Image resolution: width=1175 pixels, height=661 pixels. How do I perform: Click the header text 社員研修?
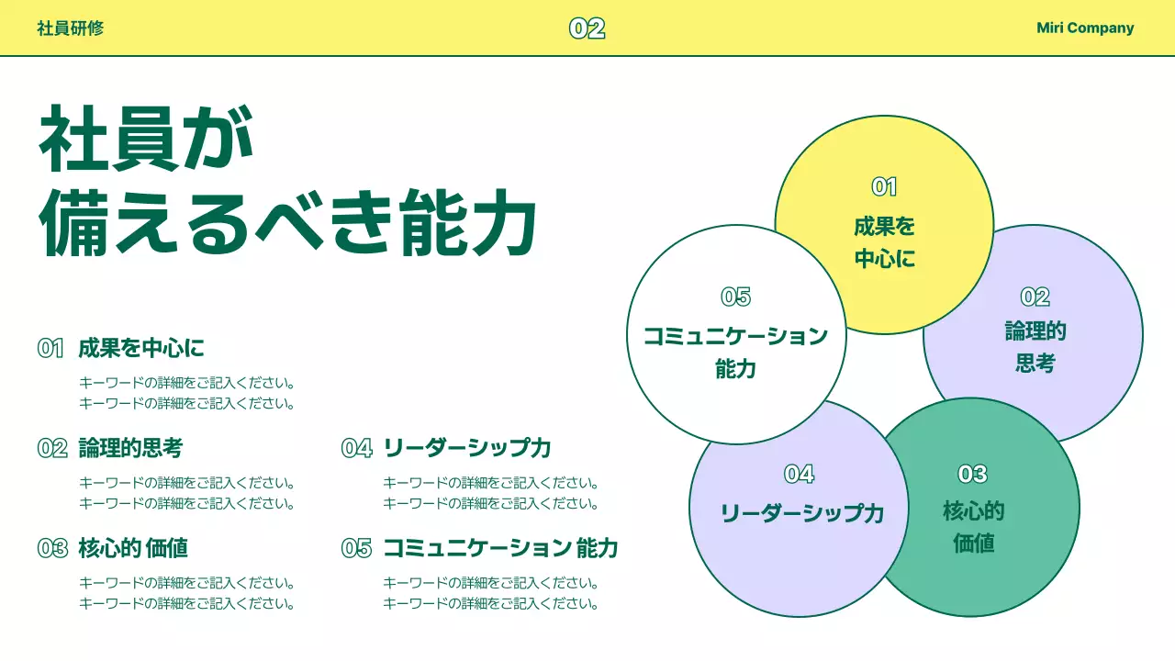[70, 28]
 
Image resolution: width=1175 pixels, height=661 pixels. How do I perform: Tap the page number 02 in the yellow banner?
[587, 28]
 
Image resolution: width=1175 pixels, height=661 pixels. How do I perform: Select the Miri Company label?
[1085, 28]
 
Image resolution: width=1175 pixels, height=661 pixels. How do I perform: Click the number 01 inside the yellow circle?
[884, 187]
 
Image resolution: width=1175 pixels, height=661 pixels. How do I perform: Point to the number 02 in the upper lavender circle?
[1035, 297]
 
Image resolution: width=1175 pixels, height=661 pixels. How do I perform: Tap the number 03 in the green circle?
[972, 474]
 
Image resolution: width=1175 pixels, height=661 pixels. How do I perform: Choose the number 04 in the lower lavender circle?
[799, 474]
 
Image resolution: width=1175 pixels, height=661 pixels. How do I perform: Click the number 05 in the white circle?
[735, 297]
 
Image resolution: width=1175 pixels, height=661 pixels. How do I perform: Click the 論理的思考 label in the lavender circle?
[1035, 347]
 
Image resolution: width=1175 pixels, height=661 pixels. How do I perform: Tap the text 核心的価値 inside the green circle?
[973, 527]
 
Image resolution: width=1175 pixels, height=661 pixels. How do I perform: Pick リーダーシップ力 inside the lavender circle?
[801, 513]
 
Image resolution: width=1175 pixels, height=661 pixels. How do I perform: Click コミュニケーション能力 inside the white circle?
[735, 352]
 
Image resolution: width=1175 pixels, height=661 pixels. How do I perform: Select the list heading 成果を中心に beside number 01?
[141, 348]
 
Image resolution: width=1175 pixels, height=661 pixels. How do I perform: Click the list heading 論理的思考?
[130, 448]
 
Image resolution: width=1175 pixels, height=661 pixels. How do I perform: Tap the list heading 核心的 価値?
[133, 548]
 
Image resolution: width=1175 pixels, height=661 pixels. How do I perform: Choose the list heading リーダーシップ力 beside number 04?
[466, 448]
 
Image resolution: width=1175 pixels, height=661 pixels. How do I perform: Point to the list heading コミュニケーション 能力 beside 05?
[499, 548]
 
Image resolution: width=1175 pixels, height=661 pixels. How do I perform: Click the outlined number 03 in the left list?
[52, 548]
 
